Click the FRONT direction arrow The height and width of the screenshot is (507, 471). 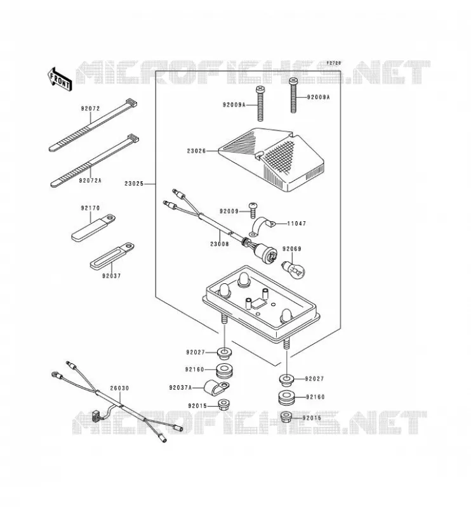[x=60, y=80]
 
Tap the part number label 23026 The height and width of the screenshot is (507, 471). [x=196, y=151]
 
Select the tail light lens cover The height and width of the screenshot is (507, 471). [x=271, y=160]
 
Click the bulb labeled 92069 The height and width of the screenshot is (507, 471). [x=293, y=270]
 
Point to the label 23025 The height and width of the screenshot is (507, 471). [x=134, y=184]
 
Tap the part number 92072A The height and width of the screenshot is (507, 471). [x=90, y=181]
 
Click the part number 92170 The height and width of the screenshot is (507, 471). [x=90, y=209]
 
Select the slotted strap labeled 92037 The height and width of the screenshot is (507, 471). [x=112, y=255]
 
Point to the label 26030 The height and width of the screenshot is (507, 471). [x=119, y=388]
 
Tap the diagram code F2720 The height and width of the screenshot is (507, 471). [x=334, y=63]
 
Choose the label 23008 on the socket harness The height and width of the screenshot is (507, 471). [x=220, y=244]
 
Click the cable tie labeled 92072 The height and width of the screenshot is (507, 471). [x=93, y=125]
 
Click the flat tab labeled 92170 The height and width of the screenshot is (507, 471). [x=93, y=228]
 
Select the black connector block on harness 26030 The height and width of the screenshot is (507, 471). [x=96, y=415]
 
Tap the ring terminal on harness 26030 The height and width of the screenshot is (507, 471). [x=55, y=375]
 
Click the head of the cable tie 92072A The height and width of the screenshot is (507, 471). [x=133, y=138]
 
